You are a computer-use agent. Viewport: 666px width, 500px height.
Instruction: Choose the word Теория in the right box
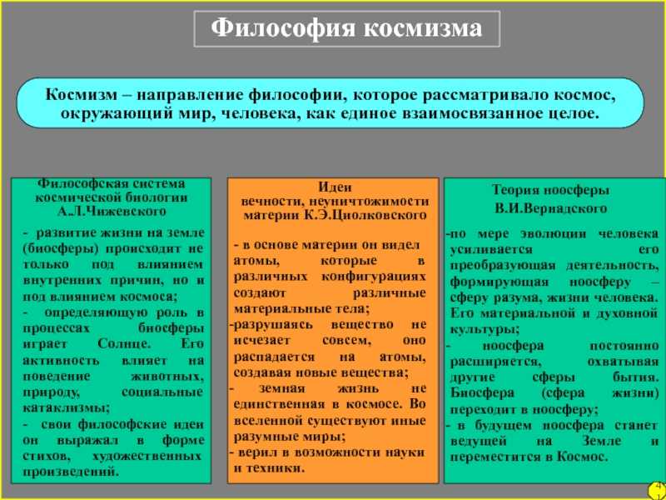tap(518, 189)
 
